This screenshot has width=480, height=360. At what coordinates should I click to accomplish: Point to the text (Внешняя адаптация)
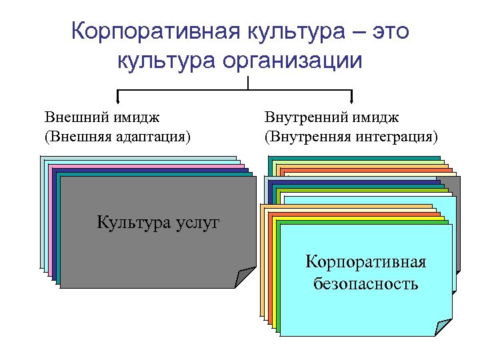[x=117, y=137]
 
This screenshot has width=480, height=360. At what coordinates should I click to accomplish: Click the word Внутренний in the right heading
[x=302, y=118]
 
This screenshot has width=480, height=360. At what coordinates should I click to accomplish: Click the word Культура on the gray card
[x=129, y=222]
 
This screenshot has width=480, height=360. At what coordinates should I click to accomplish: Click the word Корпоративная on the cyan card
[x=366, y=261]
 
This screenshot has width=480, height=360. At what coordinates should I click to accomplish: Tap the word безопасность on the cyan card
[x=366, y=284]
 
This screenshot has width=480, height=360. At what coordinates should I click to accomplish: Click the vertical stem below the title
[x=247, y=83]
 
